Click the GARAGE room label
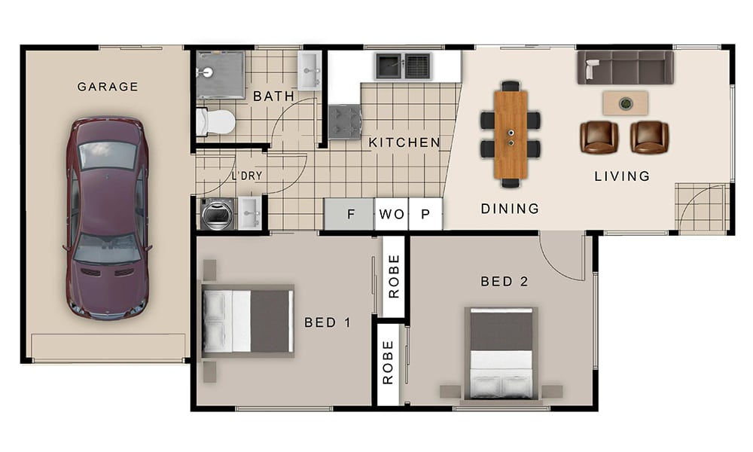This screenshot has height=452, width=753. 108,87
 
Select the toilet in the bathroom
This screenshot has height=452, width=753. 215,122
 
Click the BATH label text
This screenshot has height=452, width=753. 274,96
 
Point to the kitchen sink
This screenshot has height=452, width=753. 403,66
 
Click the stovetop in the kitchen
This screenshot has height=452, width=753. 345,122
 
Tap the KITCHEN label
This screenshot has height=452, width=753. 404,142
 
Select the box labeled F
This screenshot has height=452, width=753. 349,214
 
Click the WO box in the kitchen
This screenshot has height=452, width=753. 392,214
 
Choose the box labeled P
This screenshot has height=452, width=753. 425,214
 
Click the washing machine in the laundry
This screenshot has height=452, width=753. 218,214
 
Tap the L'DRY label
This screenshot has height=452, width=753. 247,176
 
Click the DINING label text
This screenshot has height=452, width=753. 510,209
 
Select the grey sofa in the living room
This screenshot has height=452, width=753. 625,67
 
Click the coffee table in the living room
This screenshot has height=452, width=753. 625,103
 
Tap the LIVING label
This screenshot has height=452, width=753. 623,176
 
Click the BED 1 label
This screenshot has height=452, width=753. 328,322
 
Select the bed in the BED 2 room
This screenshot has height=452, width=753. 501,353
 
